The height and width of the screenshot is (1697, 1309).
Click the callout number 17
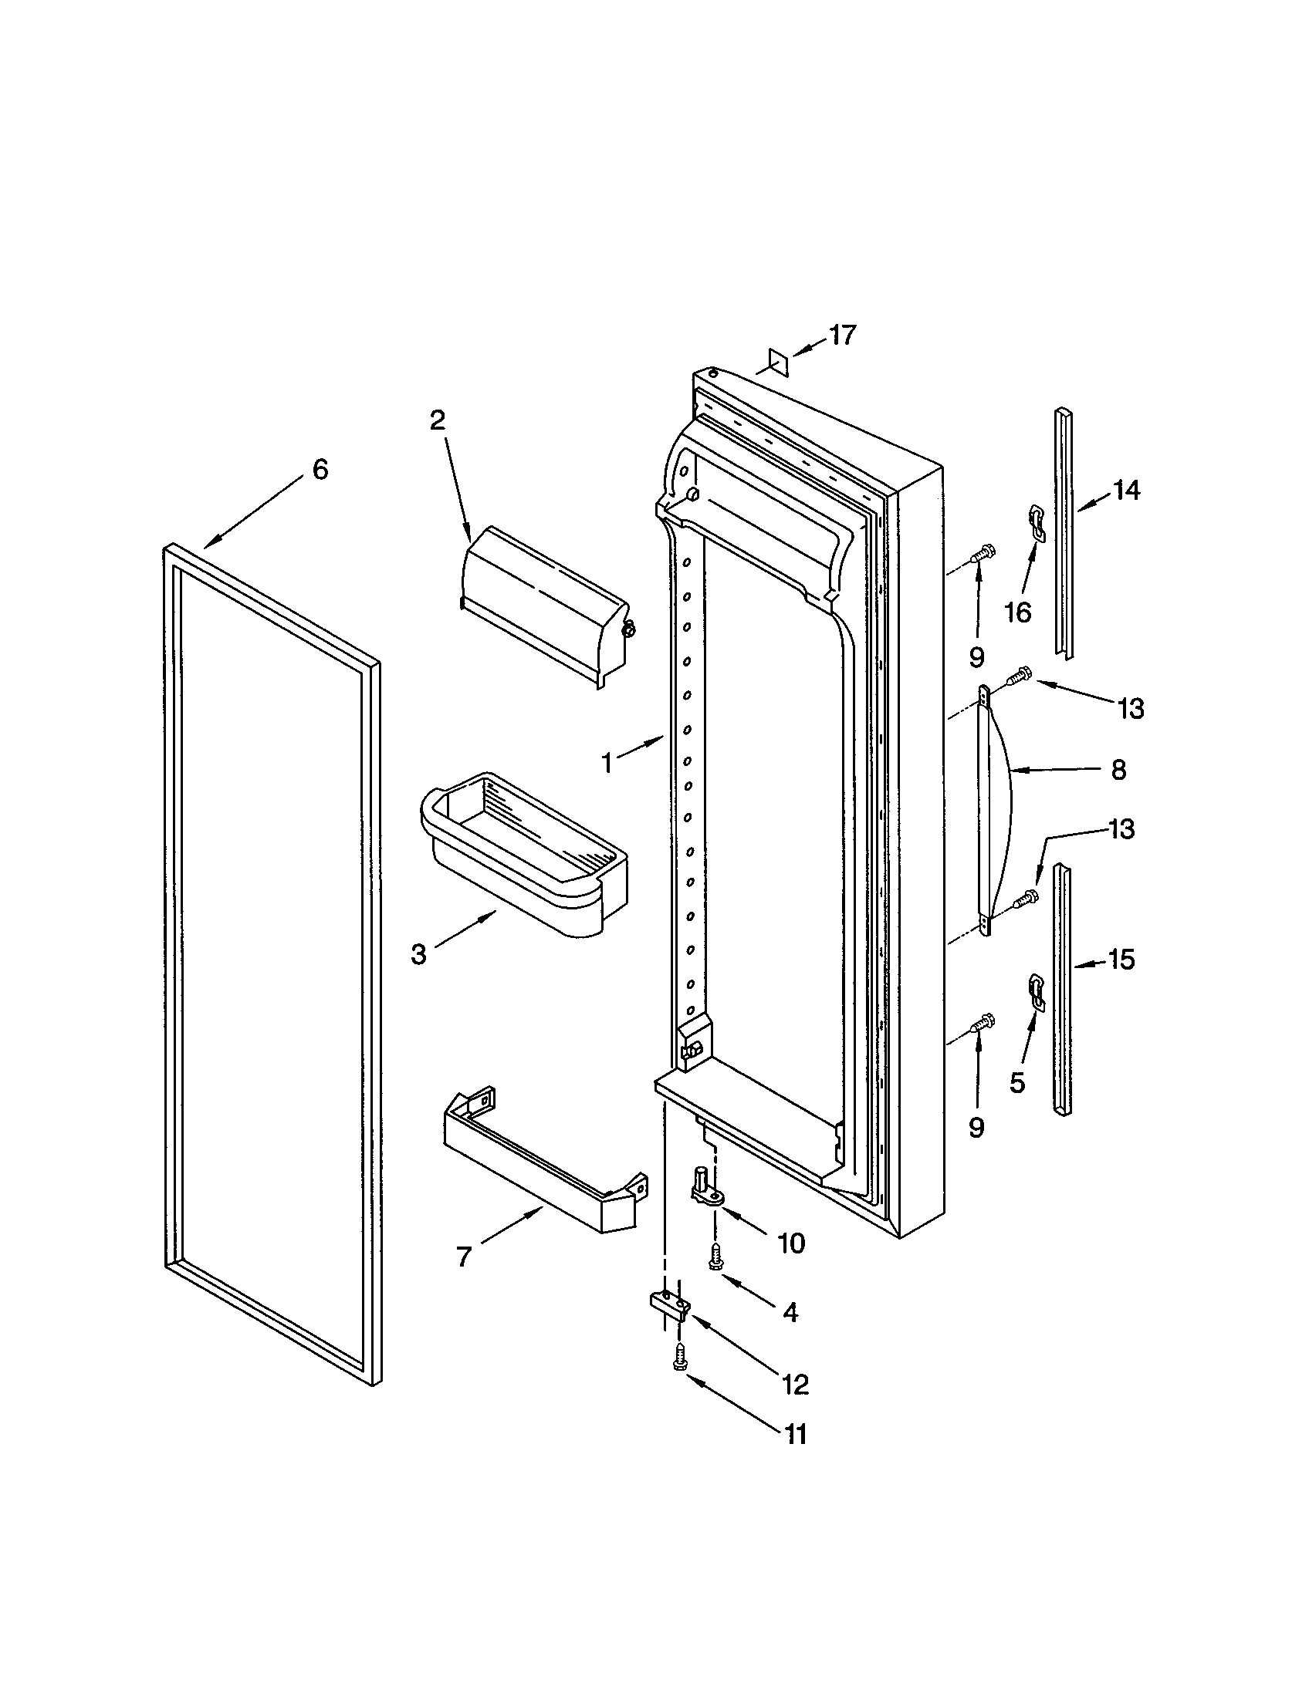(x=842, y=335)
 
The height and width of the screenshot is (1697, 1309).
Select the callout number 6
(x=320, y=469)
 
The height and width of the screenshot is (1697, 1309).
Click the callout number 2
(x=438, y=420)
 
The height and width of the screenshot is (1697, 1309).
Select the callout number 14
(x=1126, y=490)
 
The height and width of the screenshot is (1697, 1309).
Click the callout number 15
(x=1121, y=960)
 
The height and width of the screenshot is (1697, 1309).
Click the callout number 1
(x=607, y=763)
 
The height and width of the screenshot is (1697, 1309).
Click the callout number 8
(x=1118, y=770)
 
